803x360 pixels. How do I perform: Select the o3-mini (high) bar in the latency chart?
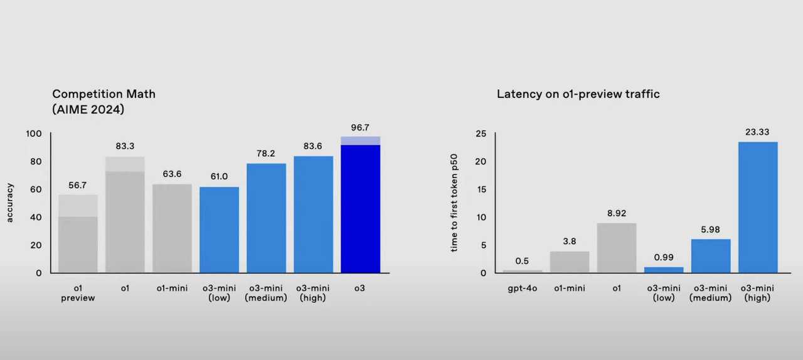coord(758,207)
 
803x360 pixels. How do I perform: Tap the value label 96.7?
coord(360,127)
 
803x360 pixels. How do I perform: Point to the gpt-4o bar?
coord(523,271)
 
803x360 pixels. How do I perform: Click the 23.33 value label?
coord(758,132)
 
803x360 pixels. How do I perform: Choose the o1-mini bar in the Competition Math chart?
coord(172,228)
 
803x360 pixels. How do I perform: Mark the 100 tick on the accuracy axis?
coord(34,134)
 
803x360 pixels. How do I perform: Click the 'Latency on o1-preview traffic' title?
coord(578,94)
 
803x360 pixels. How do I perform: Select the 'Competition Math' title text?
coord(104,94)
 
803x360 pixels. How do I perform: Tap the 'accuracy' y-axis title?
coord(10,202)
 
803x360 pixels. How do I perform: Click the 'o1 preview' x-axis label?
coord(78,293)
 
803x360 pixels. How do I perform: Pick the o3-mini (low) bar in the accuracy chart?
coord(219,230)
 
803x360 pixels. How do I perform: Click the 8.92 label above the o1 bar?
coord(617,213)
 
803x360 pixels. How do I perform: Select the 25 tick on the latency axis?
coord(481,134)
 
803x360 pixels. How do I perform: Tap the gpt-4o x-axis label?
coord(523,289)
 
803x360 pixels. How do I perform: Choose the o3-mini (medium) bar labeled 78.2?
coord(266,218)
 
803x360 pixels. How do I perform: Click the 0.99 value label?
coord(664,258)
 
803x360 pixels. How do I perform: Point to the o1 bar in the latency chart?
coord(617,248)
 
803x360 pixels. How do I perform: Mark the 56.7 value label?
coord(78,185)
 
